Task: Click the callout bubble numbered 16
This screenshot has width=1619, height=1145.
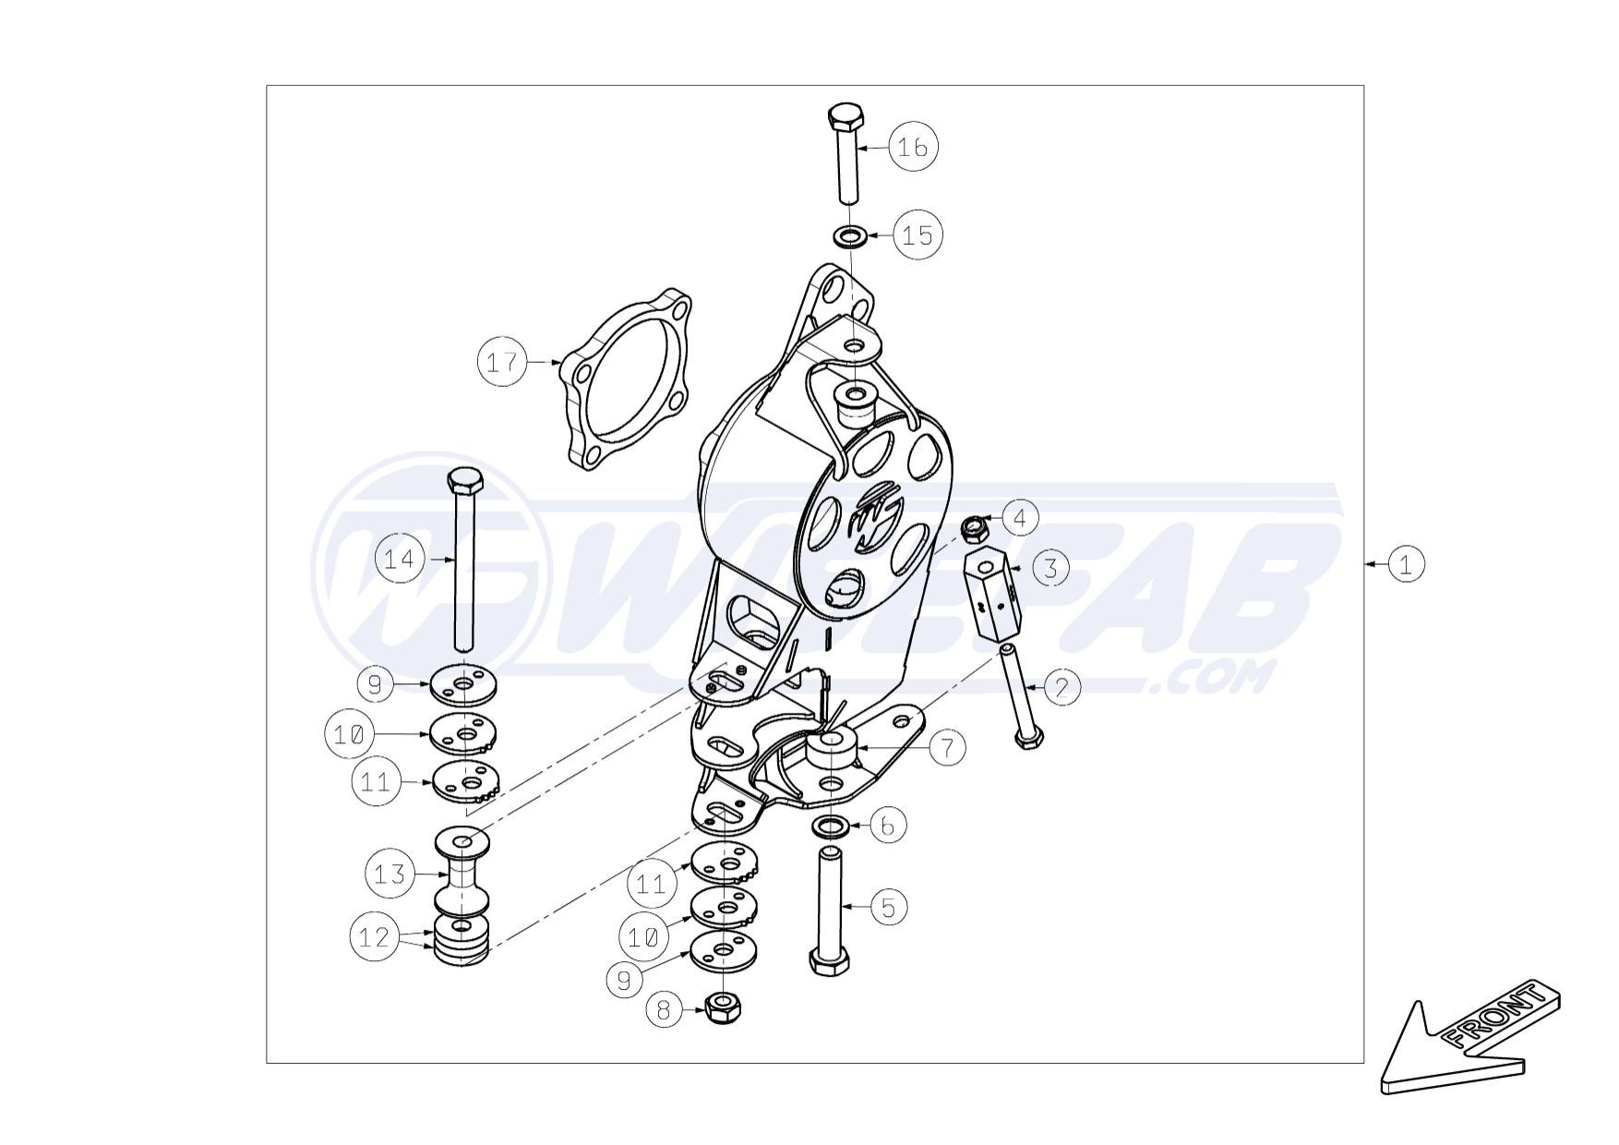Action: (913, 147)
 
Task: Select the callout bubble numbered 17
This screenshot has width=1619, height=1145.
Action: (503, 362)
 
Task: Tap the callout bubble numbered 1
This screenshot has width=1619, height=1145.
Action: (1405, 563)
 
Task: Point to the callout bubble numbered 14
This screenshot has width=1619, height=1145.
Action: (400, 559)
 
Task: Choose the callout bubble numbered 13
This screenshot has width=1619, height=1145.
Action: (390, 874)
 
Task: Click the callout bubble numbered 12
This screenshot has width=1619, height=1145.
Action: (375, 937)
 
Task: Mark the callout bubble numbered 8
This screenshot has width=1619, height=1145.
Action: (664, 1010)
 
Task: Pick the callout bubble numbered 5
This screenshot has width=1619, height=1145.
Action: (889, 908)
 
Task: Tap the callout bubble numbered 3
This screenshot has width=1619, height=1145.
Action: (1050, 568)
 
